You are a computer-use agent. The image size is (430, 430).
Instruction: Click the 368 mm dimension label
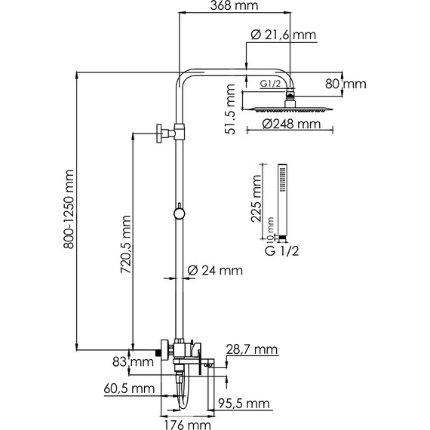point(234,5)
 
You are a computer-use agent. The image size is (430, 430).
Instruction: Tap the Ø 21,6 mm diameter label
point(284,35)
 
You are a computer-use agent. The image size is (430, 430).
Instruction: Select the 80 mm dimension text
point(346,84)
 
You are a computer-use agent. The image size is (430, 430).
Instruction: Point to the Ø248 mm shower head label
point(291,124)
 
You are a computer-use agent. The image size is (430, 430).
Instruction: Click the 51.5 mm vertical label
point(230,109)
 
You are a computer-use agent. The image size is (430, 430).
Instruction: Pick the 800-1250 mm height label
point(69,209)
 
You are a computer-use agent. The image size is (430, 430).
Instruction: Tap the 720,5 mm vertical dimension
point(126,244)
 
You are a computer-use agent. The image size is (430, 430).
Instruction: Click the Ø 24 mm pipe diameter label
point(215,271)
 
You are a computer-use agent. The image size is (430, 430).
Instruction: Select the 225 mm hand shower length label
point(256,198)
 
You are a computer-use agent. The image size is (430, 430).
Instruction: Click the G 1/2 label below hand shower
point(281,251)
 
